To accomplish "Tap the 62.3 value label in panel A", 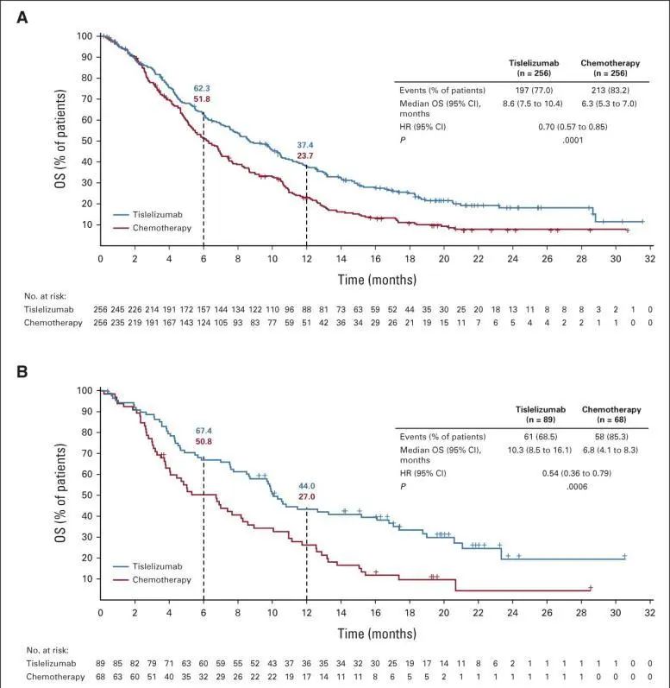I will [x=202, y=89].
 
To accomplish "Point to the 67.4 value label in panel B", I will [x=202, y=431].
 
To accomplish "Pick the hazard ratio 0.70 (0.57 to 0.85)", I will [x=567, y=124].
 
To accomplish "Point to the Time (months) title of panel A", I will [x=376, y=279].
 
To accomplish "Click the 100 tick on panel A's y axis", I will [x=85, y=36].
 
